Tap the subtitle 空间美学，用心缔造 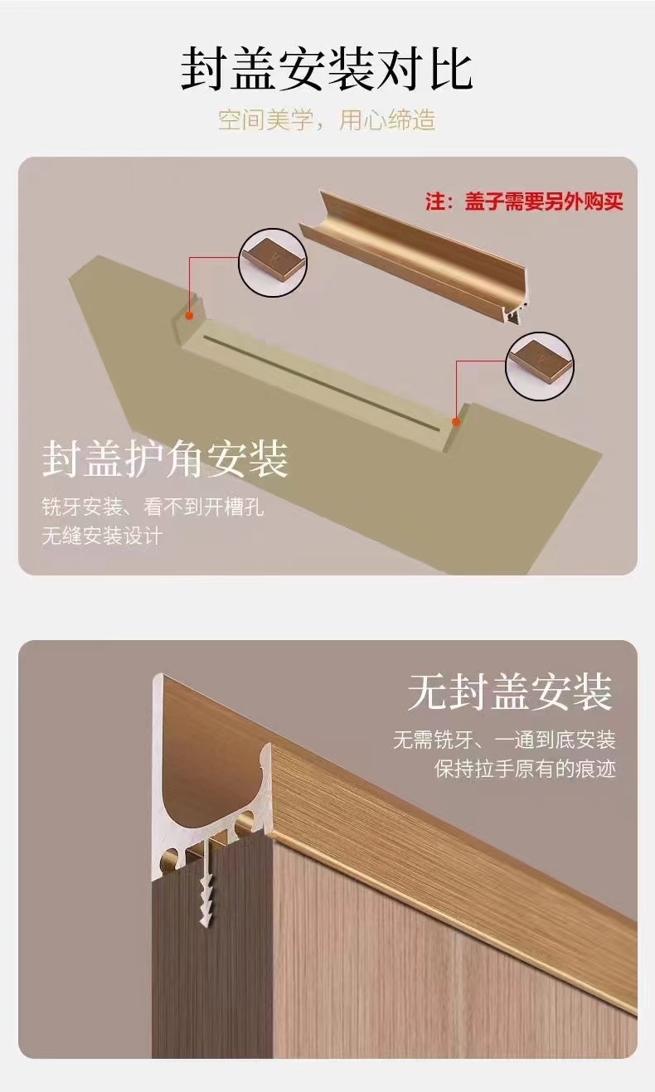click(327, 120)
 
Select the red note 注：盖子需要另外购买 click(524, 201)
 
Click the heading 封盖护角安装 click(165, 459)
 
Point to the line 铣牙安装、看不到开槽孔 click(153, 507)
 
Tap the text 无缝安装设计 click(102, 536)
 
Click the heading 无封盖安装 click(510, 692)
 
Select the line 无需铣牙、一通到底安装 click(504, 740)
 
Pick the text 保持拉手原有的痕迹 click(526, 769)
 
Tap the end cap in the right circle click(539, 366)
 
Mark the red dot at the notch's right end click(456, 422)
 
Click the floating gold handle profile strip click(413, 257)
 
